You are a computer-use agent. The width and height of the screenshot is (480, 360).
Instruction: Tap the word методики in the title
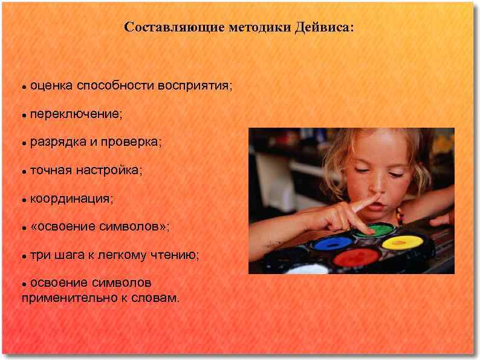[x=260, y=28]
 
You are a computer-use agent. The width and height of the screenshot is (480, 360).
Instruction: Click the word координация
[x=71, y=198]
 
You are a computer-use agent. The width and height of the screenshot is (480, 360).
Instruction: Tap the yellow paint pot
[x=403, y=242]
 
